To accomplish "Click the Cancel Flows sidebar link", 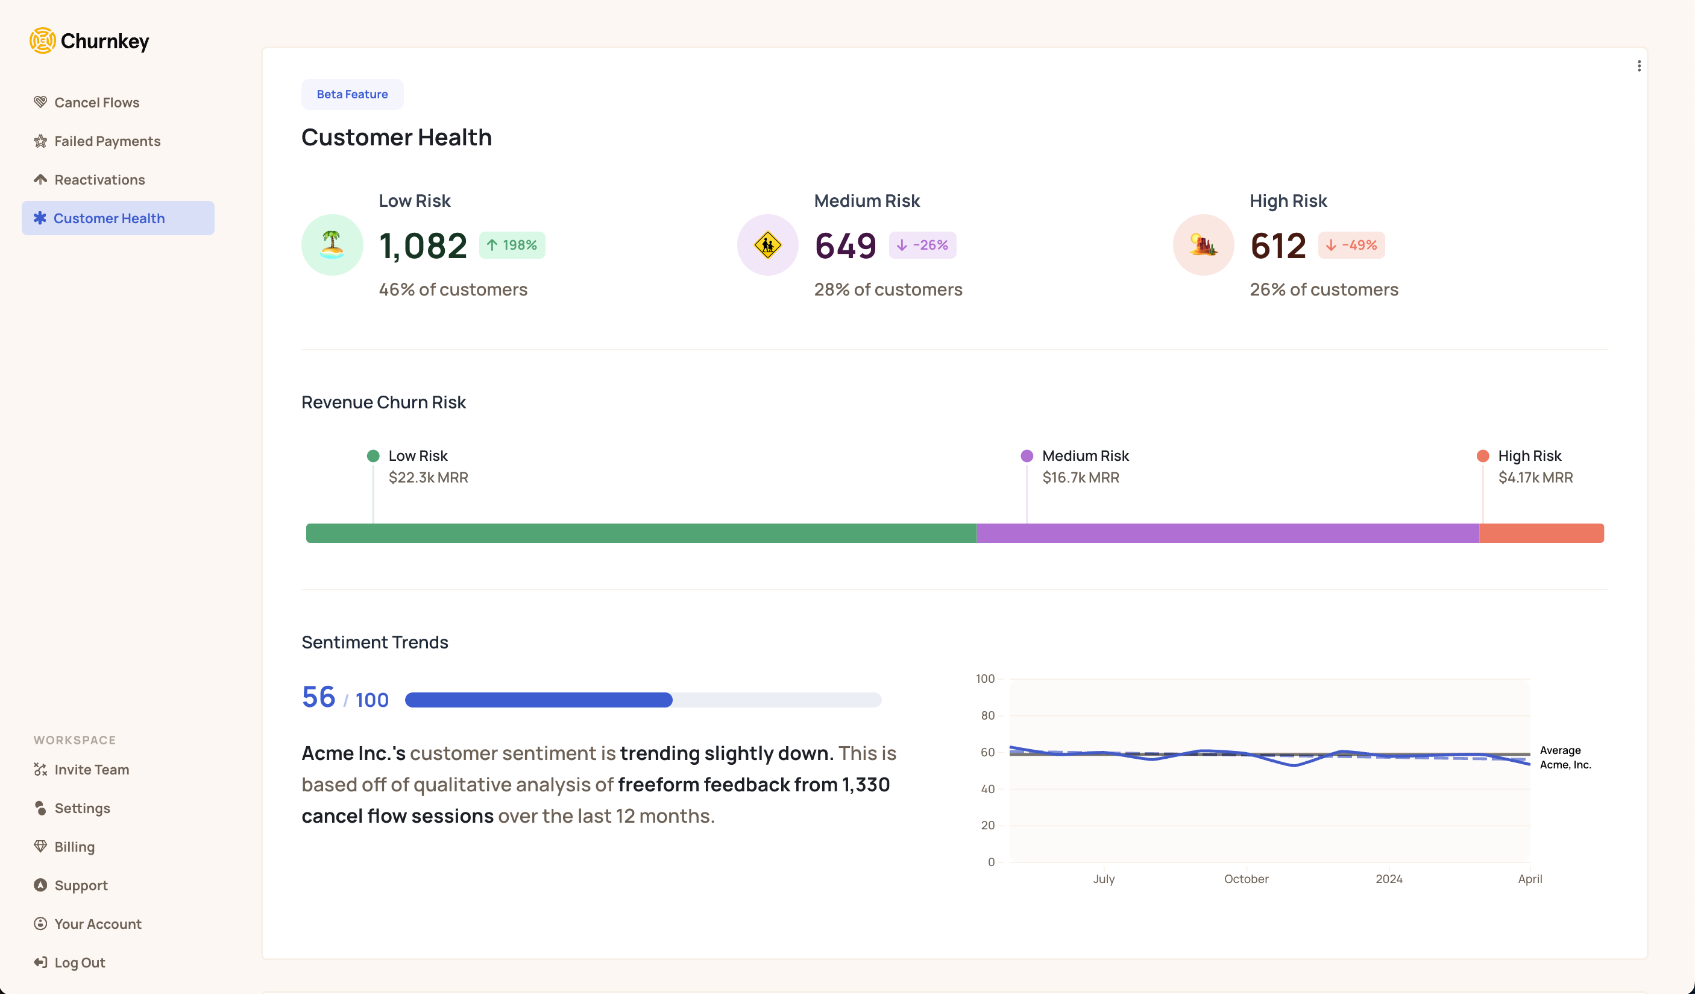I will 96,103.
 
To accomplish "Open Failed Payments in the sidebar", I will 107,141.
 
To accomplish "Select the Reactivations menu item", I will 99,180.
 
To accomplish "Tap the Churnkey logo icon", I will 42,41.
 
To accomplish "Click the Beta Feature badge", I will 352,94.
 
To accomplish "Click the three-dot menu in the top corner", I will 1638,66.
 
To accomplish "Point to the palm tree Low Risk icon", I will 332,245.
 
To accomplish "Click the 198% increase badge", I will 512,245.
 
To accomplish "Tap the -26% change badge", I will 922,245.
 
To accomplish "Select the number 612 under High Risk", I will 1277,245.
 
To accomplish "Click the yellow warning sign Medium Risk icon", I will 767,245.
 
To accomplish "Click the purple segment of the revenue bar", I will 1227,533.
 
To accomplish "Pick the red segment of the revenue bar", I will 1541,533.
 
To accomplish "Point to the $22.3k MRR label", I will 428,477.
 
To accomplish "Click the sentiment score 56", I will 318,697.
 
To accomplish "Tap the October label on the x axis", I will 1246,879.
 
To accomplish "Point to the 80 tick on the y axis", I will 987,715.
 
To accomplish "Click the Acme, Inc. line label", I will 1565,765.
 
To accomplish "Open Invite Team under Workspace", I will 91,770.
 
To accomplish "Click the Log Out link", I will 79,963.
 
